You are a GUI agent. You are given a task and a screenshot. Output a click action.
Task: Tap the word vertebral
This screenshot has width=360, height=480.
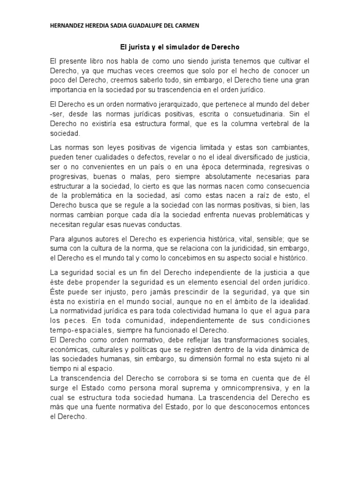pyautogui.click(x=269, y=124)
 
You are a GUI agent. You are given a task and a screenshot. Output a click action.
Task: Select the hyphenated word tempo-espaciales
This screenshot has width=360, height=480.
pyautogui.click(x=77, y=330)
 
